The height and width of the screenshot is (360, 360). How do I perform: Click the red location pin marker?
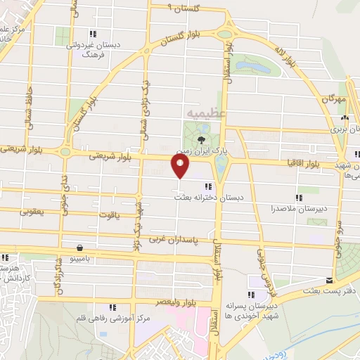[180, 167]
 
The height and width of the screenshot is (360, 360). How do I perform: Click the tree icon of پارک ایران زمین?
[202, 141]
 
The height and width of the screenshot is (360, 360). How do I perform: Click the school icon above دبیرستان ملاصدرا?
[298, 198]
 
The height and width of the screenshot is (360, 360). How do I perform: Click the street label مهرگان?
[335, 99]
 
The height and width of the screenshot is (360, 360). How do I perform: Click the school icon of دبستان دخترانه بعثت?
[206, 186]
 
